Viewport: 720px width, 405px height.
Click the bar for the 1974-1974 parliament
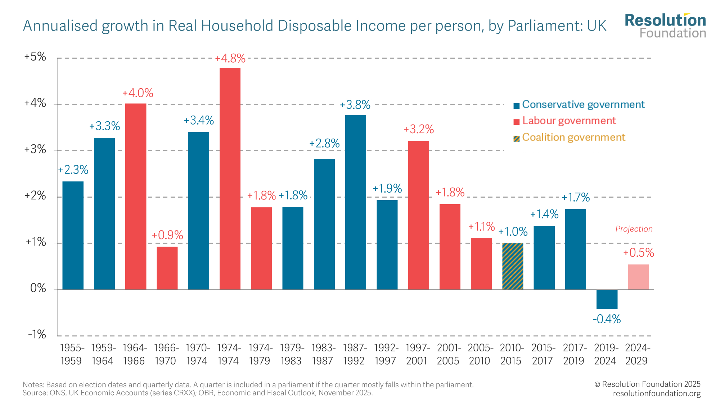pyautogui.click(x=230, y=178)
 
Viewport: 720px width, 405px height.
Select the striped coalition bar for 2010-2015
pyautogui.click(x=513, y=266)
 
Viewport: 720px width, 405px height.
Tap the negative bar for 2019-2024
pyautogui.click(x=607, y=299)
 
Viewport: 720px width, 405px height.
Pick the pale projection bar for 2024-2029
pyautogui.click(x=638, y=277)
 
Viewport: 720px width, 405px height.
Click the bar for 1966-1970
pyautogui.click(x=167, y=268)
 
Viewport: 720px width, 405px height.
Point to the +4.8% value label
pyautogui.click(x=230, y=58)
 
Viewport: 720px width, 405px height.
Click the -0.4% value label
pyautogui.click(x=607, y=319)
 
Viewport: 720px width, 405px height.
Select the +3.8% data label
pyautogui.click(x=355, y=105)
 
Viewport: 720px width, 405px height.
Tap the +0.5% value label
pyautogui.click(x=638, y=253)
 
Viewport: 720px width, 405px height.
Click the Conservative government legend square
pyautogui.click(x=516, y=105)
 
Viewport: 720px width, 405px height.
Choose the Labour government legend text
pyautogui.click(x=569, y=121)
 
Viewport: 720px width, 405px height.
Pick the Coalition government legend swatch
pyautogui.click(x=516, y=138)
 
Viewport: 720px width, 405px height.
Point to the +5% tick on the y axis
pyautogui.click(x=35, y=57)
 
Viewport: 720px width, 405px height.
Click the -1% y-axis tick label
pyautogui.click(x=37, y=335)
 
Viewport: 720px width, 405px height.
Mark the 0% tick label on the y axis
pyautogui.click(x=38, y=288)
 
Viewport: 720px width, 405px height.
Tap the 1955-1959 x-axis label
pyautogui.click(x=72, y=354)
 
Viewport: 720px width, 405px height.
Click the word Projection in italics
pyautogui.click(x=634, y=229)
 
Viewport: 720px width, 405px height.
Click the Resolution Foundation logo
pyautogui.click(x=665, y=26)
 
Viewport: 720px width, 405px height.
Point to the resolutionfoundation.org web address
pyautogui.click(x=657, y=393)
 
